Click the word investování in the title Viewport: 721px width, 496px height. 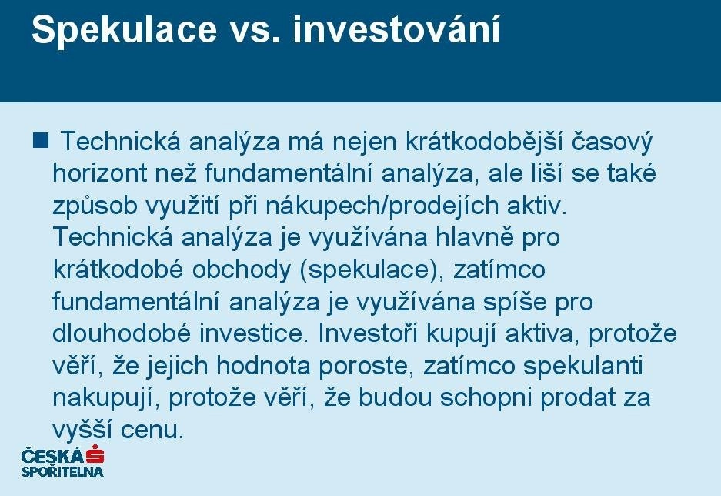coord(396,29)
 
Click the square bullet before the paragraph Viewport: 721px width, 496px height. coord(41,140)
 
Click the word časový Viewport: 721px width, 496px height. coord(612,142)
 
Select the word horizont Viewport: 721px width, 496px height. coord(99,173)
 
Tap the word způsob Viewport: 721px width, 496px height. coord(95,206)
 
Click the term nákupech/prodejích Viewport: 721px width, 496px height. coord(382,206)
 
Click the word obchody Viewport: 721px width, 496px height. coord(242,270)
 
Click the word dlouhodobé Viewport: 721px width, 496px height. coord(122,333)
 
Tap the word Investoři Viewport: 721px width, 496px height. coord(368,333)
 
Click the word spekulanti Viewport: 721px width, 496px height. coord(583,367)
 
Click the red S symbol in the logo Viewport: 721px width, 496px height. coord(95,455)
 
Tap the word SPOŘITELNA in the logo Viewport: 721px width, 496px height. coord(62,471)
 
